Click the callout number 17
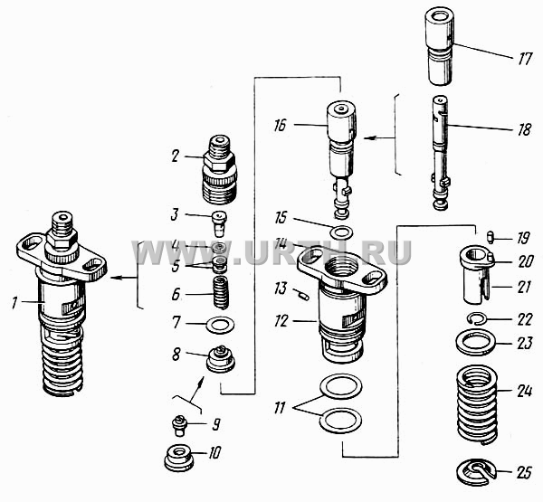525,59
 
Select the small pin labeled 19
490,238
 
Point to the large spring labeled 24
477,404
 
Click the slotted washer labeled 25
468,475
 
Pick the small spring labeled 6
221,292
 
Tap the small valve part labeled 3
220,223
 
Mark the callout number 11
279,408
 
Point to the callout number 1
14,303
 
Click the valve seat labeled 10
178,458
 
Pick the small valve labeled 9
179,426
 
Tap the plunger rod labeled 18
441,152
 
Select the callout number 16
281,126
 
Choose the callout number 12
281,321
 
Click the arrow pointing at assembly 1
123,278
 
